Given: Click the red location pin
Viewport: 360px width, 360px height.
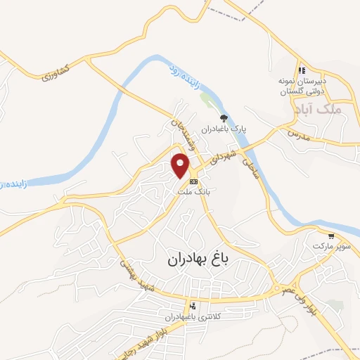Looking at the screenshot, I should [x=181, y=165].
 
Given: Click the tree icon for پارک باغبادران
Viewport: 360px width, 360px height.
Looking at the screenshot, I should [x=224, y=118].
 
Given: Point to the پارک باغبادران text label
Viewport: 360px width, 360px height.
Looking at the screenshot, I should [x=223, y=129].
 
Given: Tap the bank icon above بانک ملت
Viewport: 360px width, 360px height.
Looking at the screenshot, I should [x=193, y=182].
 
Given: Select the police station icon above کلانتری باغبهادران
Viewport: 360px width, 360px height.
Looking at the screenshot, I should [x=192, y=306].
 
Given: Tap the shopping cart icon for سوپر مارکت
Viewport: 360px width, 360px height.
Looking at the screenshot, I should [x=330, y=236].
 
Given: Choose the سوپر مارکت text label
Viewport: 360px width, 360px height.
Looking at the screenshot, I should [x=330, y=247].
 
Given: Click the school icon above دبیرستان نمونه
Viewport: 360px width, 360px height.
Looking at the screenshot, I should [x=301, y=70].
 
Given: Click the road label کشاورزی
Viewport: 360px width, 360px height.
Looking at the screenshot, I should [x=56, y=71].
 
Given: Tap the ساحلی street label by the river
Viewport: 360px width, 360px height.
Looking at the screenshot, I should [x=251, y=167].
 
